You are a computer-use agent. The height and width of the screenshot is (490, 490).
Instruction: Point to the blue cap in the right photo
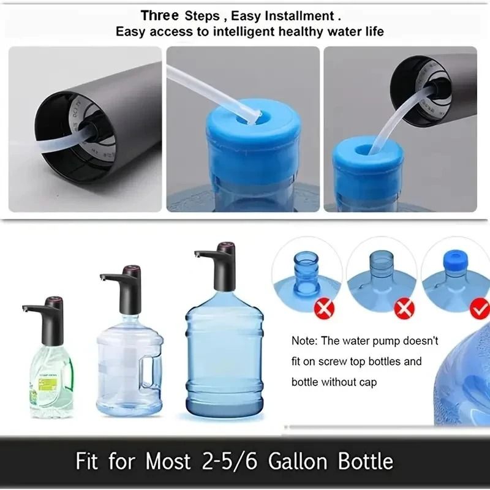click(x=368, y=162)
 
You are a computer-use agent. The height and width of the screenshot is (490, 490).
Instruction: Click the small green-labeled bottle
click(x=52, y=380)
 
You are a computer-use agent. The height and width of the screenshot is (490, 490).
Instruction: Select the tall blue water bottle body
click(x=224, y=361)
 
